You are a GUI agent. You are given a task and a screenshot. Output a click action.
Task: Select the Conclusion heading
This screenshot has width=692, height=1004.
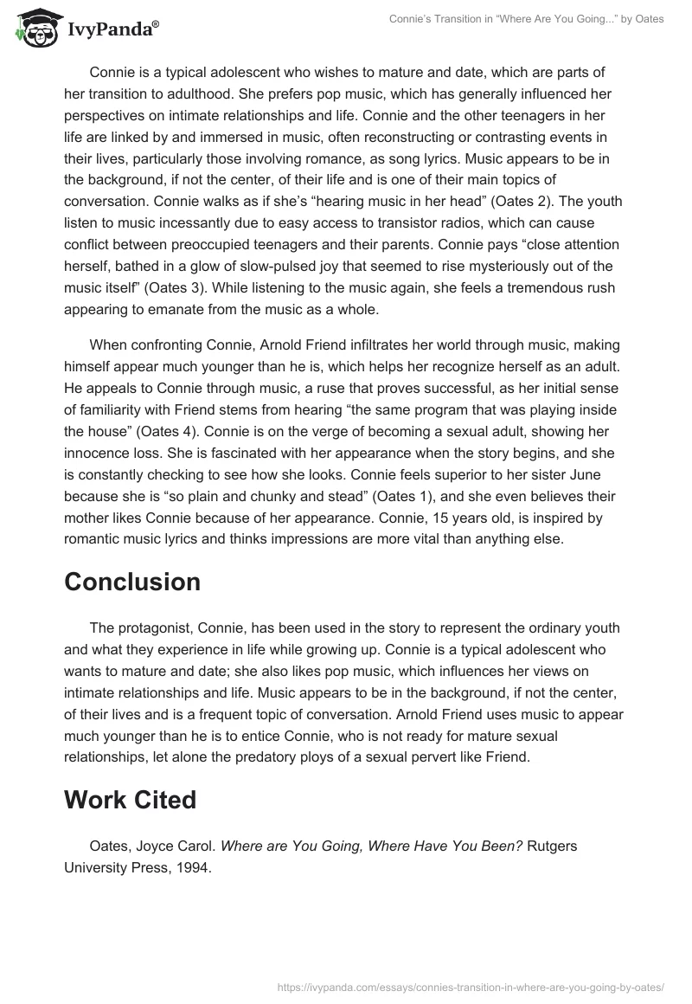[x=132, y=582]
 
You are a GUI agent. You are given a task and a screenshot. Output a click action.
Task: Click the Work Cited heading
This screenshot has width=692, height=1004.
[x=130, y=800]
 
